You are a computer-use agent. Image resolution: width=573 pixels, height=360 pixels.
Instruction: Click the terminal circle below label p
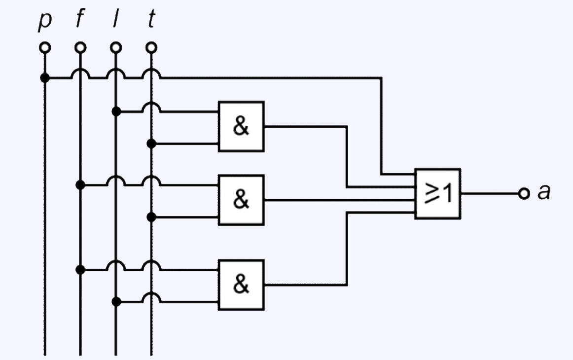(x=44, y=47)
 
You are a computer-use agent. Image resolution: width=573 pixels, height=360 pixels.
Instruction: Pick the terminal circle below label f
(x=80, y=47)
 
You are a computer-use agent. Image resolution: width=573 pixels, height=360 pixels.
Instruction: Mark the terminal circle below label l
(x=115, y=47)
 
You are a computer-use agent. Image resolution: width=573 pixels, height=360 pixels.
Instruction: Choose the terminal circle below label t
(x=151, y=47)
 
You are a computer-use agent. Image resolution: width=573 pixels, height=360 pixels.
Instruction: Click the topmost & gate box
(x=242, y=126)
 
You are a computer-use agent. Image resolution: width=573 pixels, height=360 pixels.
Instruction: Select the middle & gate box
(x=242, y=199)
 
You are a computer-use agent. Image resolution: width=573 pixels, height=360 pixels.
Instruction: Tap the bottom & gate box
(x=242, y=285)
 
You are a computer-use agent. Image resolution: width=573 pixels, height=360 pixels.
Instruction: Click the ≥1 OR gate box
(x=438, y=193)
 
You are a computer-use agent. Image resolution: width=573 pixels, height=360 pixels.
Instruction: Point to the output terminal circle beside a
(x=524, y=193)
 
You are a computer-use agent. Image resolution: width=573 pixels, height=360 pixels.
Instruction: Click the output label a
(x=543, y=193)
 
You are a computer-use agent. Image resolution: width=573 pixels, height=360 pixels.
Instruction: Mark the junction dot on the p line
(x=44, y=78)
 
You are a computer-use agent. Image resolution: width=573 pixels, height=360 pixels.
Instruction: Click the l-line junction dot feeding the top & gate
(x=116, y=111)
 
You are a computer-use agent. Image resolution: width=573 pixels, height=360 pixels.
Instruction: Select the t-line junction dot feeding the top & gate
(x=151, y=144)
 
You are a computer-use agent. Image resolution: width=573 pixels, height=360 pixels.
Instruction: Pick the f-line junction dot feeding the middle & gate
(x=80, y=185)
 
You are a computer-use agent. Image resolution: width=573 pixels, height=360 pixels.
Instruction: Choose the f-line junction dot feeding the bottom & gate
(x=80, y=270)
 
